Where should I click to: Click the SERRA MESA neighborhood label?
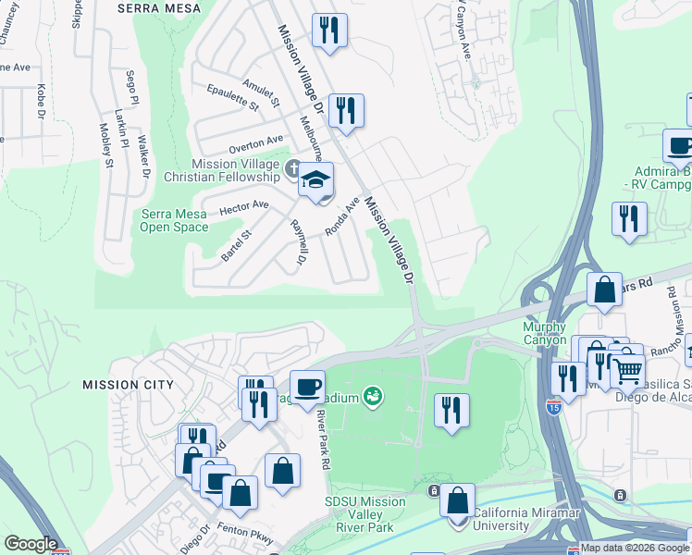pyautogui.click(x=159, y=7)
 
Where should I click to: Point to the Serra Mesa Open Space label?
pyautogui.click(x=175, y=220)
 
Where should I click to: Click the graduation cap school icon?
pyautogui.click(x=315, y=179)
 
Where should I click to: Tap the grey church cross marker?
pyautogui.click(x=293, y=168)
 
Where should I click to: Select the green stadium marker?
pyautogui.click(x=374, y=398)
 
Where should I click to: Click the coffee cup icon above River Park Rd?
pyautogui.click(x=307, y=385)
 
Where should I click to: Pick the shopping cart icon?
pyautogui.click(x=628, y=370)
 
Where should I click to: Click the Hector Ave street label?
pyautogui.click(x=244, y=207)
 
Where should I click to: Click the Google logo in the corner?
pyautogui.click(x=31, y=544)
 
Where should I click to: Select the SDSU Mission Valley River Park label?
pyautogui.click(x=365, y=514)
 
